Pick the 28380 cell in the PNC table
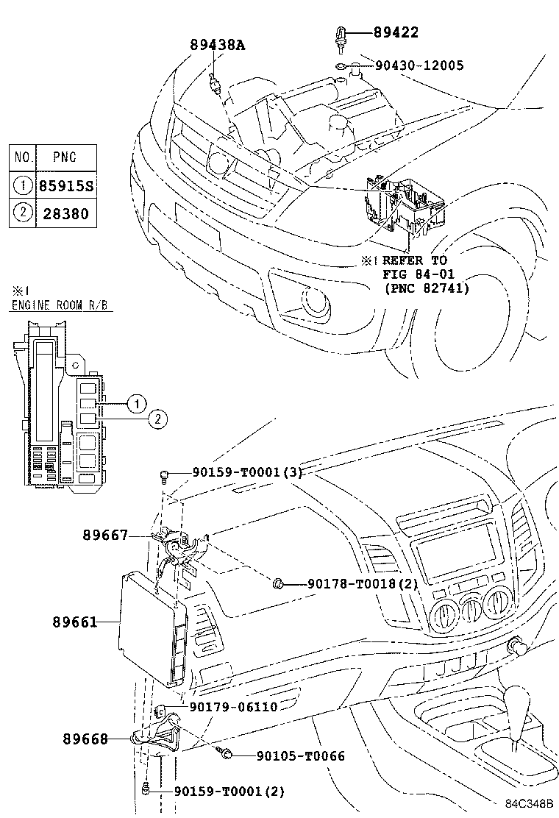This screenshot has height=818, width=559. (65, 214)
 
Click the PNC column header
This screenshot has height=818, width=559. (65, 157)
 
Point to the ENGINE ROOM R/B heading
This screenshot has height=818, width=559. (62, 305)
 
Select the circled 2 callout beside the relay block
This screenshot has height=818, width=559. (157, 419)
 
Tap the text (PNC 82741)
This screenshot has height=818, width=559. (426, 288)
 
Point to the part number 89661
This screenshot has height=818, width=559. (75, 622)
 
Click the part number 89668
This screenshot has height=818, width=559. (85, 739)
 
